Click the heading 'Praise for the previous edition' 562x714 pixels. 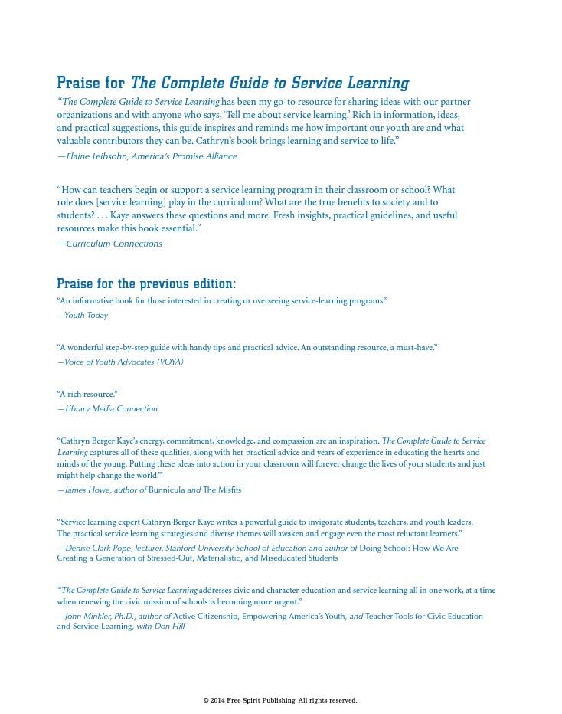[146, 284]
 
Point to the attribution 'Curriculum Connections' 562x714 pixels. [114, 244]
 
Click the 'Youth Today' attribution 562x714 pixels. [86, 316]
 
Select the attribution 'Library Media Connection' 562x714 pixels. [111, 409]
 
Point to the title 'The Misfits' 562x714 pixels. [222, 490]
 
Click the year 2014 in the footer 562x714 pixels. [217, 700]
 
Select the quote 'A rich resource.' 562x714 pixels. [87, 395]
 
